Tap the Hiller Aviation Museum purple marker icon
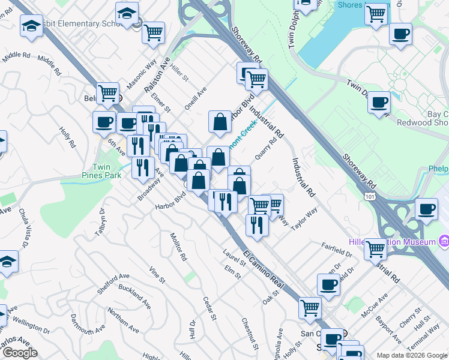[x=444, y=241]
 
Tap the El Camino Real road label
[x=262, y=265]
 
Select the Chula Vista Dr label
[x=25, y=227]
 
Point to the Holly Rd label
[x=67, y=136]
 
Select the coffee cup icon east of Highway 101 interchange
[x=426, y=209]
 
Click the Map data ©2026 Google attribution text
[x=412, y=355]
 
